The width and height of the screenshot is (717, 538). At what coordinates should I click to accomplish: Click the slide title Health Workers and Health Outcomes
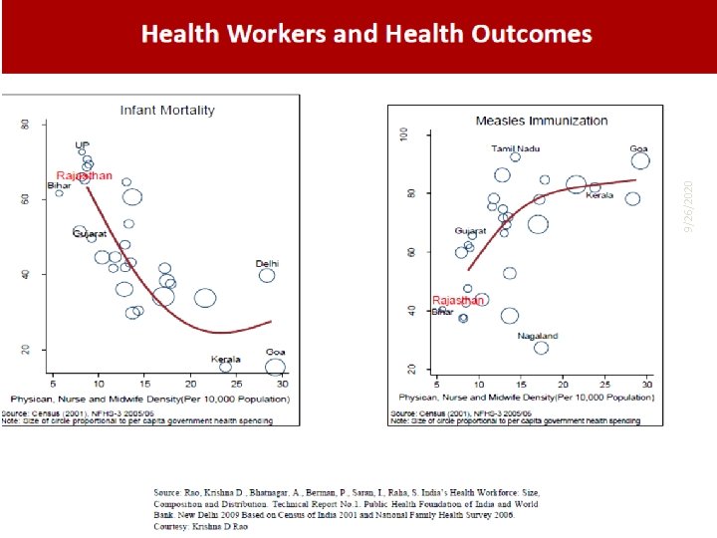pos(366,35)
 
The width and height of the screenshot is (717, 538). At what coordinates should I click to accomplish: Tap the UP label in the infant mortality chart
pos(82,144)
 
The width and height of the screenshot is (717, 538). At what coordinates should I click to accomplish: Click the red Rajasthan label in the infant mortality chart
pos(84,175)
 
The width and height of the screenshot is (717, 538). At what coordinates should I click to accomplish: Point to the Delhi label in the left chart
pos(267,264)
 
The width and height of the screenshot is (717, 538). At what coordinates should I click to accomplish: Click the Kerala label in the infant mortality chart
pos(225,358)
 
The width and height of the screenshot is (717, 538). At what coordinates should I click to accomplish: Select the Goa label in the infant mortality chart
pos(275,352)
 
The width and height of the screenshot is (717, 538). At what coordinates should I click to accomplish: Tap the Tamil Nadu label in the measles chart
pos(515,148)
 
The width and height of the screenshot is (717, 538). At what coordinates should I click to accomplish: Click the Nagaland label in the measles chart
pos(538,336)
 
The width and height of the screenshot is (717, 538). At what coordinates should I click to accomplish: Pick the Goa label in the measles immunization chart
pos(638,148)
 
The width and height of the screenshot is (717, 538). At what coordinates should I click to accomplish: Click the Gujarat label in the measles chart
pos(470,231)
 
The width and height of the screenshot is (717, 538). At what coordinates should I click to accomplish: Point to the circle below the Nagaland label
pos(541,348)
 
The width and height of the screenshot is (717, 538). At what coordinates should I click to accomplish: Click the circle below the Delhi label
pos(267,275)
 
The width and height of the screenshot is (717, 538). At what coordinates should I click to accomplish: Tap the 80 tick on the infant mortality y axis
pos(25,124)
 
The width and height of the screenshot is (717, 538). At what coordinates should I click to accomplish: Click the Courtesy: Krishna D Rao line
pos(199,526)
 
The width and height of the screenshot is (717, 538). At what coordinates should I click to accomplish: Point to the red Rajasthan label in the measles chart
pos(458,300)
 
